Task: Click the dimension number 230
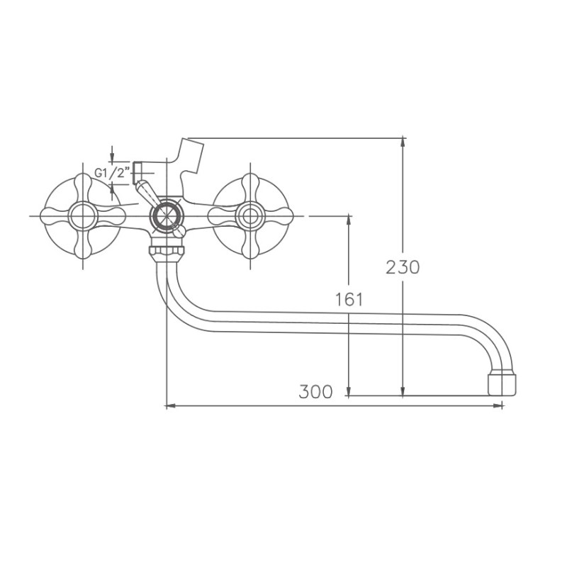pos(403,267)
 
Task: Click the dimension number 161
pos(348,299)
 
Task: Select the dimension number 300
pos(315,392)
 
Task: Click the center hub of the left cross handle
pos(84,215)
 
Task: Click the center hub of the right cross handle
pos(249,215)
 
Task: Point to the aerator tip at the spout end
pos(503,383)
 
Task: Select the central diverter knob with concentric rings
pos(166,215)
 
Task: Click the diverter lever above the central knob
pos(145,191)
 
